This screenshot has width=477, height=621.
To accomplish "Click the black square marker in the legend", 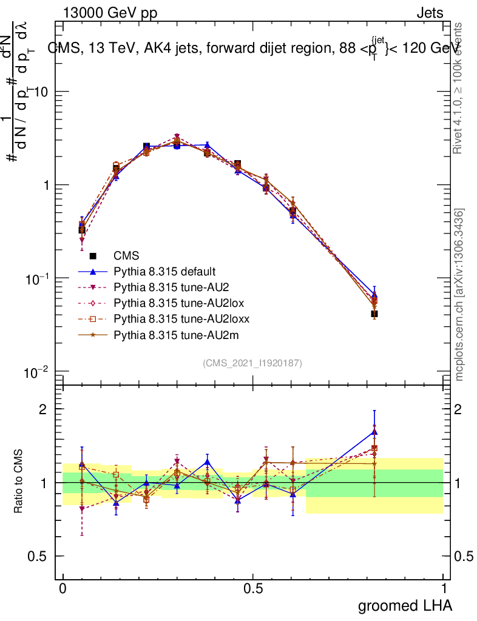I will [93, 256].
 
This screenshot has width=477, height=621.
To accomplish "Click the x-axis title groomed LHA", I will [405, 605].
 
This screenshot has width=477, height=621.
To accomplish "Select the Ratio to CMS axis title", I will [19, 482].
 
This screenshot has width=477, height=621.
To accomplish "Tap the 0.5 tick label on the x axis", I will [253, 588].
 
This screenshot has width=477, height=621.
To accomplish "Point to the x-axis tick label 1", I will [444, 588].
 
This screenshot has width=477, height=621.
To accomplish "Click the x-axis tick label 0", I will [63, 588].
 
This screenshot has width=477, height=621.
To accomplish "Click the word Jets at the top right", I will [430, 13].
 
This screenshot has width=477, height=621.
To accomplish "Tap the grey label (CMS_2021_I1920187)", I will [252, 363].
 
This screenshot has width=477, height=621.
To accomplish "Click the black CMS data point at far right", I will [374, 314].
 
